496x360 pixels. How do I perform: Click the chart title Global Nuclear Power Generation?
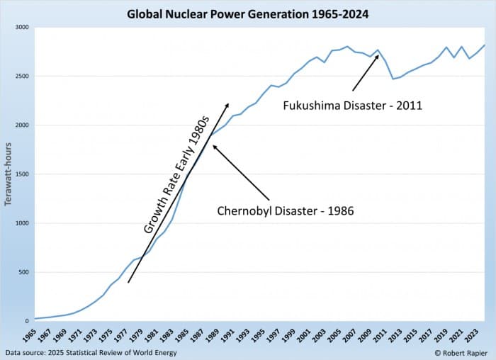pos(247,13)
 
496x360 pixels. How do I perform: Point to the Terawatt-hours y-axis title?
pos(9,174)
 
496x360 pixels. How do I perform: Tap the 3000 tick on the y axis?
pos(21,27)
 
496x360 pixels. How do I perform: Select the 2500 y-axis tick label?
pos(21,76)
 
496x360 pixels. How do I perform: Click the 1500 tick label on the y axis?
pos(21,174)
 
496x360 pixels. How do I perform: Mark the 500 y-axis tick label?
pos(23,272)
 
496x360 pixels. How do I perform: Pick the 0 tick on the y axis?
pos(27,321)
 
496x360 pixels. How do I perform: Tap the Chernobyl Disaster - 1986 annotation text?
pos(285,210)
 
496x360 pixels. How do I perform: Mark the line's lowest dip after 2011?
pos(393,79)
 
